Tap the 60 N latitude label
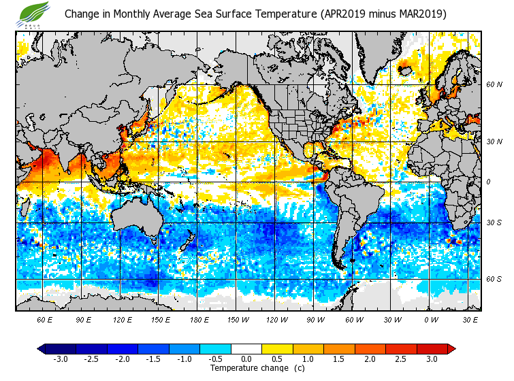494,85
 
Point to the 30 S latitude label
494,222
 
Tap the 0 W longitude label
431,319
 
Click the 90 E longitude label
83,319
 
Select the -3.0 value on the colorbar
60,359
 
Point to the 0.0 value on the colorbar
246,359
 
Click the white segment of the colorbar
246,348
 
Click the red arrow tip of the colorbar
451,348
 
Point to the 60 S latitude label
494,279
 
